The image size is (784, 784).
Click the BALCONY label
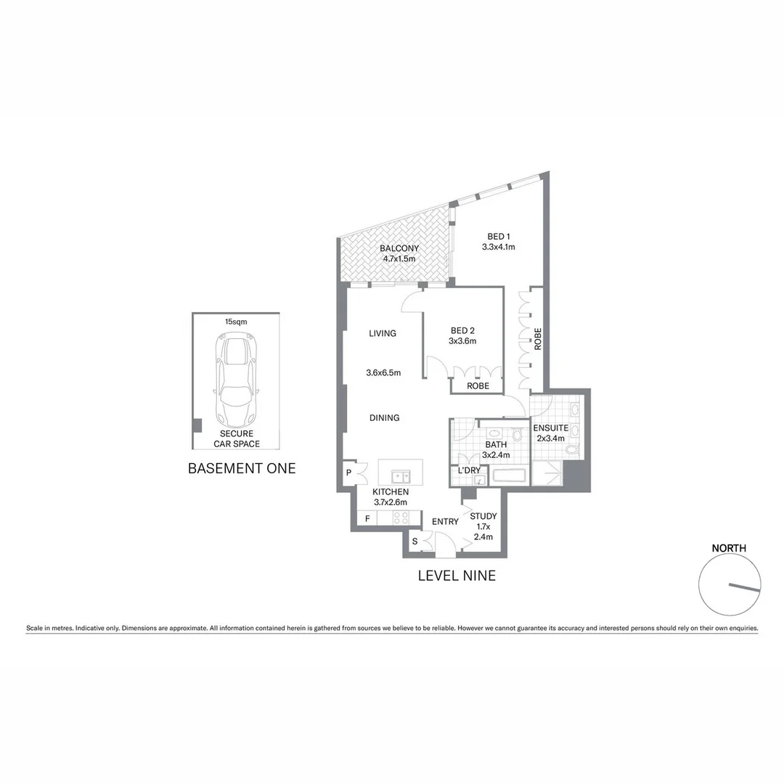click(399, 248)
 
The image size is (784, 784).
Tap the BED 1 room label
click(499, 237)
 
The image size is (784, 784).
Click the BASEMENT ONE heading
click(242, 468)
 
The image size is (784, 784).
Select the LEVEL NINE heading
click(457, 576)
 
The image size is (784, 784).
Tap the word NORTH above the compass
click(728, 548)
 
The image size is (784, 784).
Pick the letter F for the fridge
click(368, 518)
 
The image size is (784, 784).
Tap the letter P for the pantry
click(349, 473)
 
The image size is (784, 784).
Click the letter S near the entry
click(415, 541)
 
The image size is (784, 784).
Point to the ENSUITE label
click(550, 428)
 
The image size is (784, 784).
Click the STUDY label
click(483, 517)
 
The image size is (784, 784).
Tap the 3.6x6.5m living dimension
click(383, 373)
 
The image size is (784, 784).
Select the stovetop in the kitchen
click(401, 518)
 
